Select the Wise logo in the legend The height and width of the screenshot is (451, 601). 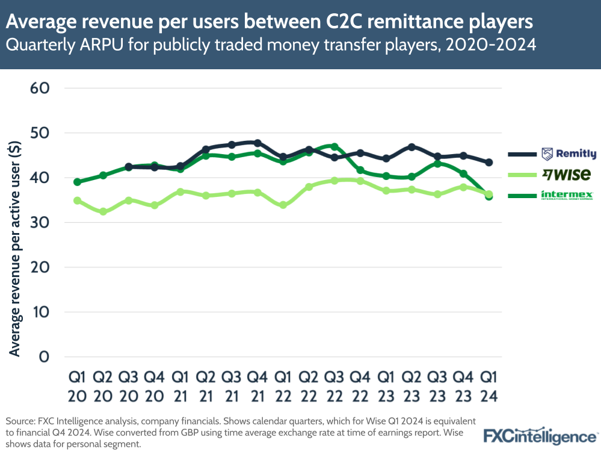566,175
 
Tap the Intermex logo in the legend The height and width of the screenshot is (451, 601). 567,195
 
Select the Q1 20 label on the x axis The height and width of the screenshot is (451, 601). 77,386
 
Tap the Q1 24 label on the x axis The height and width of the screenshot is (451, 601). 489,386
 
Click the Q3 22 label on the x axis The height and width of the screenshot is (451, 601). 334,386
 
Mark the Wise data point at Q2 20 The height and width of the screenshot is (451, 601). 103,212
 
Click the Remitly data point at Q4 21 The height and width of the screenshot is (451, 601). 257,143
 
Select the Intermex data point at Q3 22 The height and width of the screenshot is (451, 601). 334,147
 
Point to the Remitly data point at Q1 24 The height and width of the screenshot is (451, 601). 489,163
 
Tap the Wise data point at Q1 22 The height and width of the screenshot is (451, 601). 283,205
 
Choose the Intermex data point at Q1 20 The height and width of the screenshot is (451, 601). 77,182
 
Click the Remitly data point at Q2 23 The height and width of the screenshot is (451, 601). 412,147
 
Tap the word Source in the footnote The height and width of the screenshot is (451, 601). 19,420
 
